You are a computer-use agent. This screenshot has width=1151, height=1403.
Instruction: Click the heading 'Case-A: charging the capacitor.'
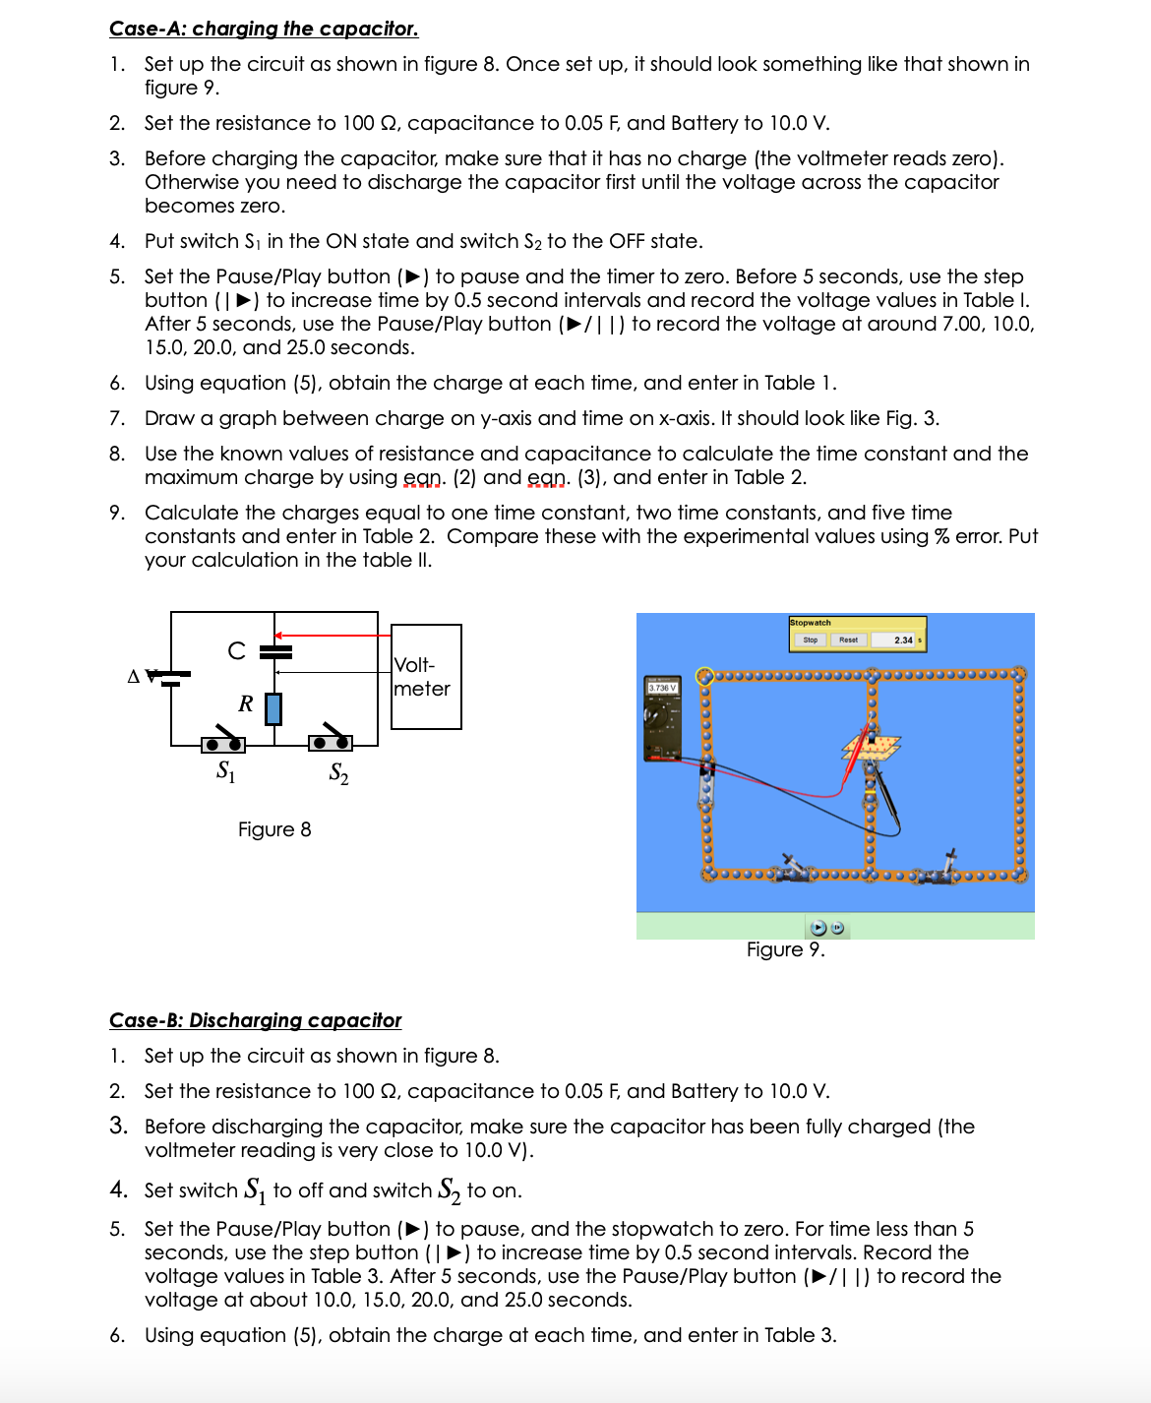[264, 29]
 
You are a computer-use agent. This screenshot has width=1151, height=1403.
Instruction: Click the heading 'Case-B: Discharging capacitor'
[255, 1020]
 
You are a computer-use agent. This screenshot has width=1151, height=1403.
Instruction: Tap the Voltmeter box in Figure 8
[426, 677]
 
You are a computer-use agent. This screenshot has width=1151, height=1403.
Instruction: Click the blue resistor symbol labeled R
[273, 708]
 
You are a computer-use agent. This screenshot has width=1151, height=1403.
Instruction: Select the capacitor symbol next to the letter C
[275, 651]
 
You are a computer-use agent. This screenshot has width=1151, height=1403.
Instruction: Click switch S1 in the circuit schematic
[223, 742]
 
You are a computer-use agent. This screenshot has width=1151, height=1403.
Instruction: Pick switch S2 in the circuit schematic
[330, 742]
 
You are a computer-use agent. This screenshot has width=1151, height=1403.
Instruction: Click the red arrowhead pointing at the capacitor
[279, 636]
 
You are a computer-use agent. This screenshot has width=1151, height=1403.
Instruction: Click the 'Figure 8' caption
[274, 829]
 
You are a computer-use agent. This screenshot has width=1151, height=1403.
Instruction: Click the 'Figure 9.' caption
[785, 949]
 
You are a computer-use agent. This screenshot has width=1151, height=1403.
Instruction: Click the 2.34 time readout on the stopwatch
[903, 640]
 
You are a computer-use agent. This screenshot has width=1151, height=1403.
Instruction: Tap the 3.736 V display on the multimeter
[662, 688]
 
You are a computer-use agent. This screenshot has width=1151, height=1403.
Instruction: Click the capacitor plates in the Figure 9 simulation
[872, 747]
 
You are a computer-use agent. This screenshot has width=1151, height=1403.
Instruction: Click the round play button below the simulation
[818, 928]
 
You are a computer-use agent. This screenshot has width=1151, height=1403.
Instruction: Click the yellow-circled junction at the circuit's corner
[704, 676]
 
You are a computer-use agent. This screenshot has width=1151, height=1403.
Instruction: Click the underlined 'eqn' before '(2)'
[424, 477]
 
